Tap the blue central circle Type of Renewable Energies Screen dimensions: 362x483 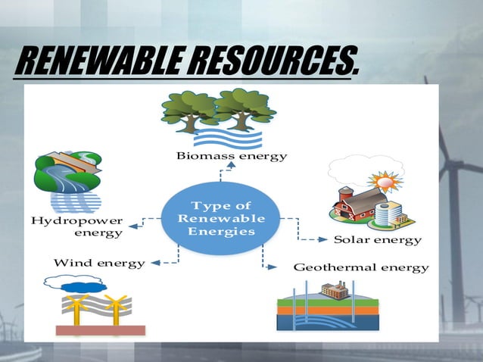(x=221, y=218)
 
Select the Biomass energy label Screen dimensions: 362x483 (x=232, y=157)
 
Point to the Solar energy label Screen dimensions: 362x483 (x=378, y=240)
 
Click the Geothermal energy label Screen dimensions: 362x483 (x=361, y=268)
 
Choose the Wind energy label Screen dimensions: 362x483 (x=99, y=264)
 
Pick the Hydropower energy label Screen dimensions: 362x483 (x=76, y=226)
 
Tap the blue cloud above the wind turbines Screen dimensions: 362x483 (x=85, y=286)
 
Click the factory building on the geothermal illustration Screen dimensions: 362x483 (x=334, y=289)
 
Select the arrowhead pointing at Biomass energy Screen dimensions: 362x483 (x=221, y=168)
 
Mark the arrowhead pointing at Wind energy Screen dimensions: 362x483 (x=154, y=264)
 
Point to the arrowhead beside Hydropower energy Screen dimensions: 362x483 (x=132, y=225)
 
